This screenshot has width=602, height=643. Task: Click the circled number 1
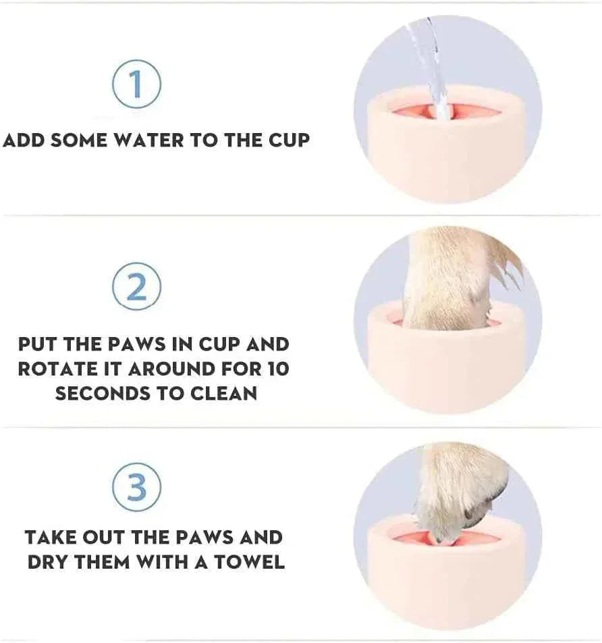(x=136, y=84)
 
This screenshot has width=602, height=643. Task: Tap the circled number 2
(x=136, y=287)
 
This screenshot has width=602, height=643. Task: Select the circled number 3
(x=136, y=487)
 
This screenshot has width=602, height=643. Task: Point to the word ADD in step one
(x=25, y=140)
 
